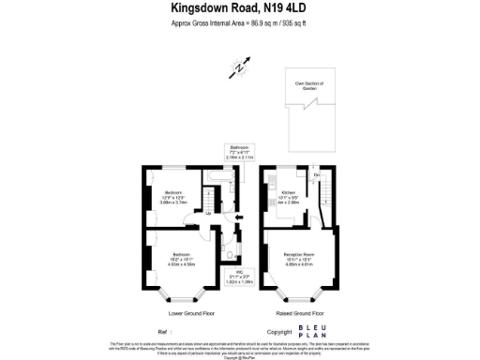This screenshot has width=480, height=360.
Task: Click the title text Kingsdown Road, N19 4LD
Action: (239, 8)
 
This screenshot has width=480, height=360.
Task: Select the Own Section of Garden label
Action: (308, 85)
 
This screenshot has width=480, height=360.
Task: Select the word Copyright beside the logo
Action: (279, 332)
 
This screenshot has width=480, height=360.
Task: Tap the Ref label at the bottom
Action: (164, 332)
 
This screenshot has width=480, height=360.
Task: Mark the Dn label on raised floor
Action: (317, 176)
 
